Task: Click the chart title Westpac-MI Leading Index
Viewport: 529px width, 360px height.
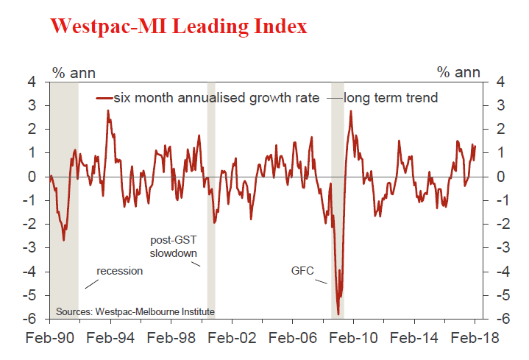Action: [x=177, y=27]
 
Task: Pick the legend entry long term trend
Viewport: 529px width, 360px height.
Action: [x=391, y=97]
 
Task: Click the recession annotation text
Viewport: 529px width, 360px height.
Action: [x=119, y=270]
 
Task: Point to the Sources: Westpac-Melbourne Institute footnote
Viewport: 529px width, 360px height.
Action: [x=141, y=311]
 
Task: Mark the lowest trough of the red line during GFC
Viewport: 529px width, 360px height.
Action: [x=338, y=314]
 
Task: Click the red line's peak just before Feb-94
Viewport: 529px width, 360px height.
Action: [x=108, y=110]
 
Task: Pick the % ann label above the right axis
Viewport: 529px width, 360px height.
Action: [x=458, y=72]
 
